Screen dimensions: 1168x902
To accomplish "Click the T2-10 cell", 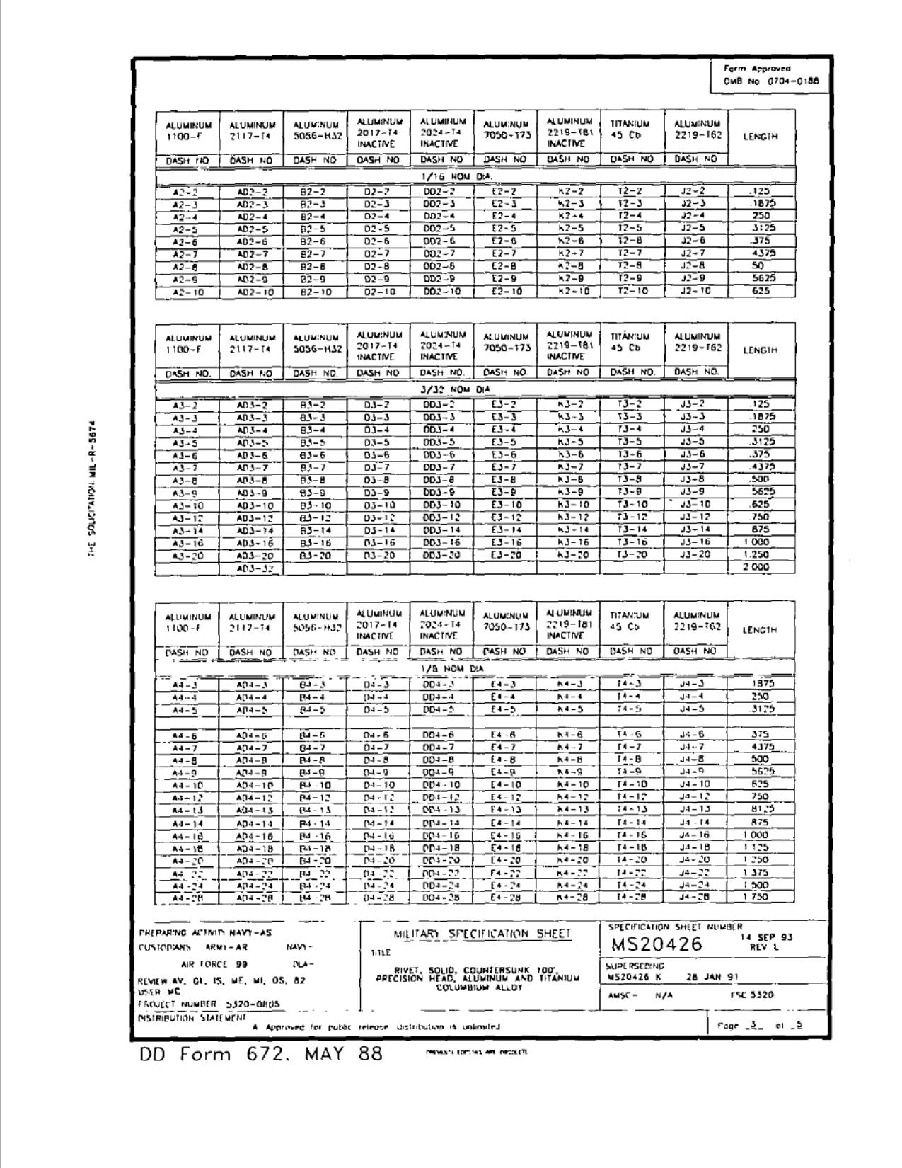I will point(627,291).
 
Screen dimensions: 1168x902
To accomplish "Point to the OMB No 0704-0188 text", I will point(770,81).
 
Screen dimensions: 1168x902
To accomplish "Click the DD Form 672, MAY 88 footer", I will point(261,1054).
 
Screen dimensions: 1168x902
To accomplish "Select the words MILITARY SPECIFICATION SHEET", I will point(482,934).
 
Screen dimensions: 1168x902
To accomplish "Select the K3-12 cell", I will point(569,517).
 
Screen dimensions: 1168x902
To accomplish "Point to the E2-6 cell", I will point(504,241).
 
